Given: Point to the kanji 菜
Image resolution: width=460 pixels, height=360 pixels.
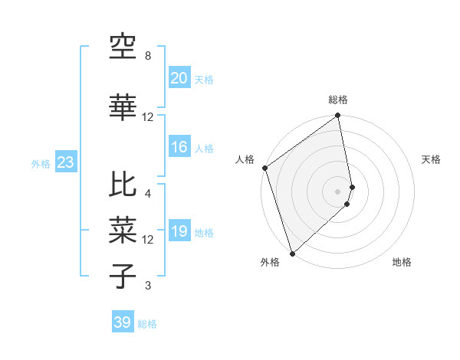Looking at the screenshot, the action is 123,228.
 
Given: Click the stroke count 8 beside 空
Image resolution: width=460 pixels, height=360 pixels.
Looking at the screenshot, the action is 147,57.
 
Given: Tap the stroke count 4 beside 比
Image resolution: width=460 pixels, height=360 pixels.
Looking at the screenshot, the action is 147,194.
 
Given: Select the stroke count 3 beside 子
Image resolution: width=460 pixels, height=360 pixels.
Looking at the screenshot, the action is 147,286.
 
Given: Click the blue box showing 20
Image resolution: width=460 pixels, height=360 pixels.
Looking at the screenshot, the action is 179,78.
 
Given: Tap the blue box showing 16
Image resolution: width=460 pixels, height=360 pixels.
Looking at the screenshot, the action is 179,148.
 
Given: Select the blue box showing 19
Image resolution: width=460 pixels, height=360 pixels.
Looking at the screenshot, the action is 179,232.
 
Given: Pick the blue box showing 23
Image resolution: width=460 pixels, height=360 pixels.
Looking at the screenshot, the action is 65,162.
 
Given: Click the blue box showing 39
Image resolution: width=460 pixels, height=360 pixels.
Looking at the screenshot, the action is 122,322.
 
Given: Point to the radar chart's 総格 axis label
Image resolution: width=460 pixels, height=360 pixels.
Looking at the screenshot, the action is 338,100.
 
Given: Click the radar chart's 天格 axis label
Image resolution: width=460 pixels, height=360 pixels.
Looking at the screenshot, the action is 432,159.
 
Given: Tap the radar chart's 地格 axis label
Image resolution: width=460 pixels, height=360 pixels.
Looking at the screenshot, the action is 402,263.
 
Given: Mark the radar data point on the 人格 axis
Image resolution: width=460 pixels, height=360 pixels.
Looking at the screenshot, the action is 264,168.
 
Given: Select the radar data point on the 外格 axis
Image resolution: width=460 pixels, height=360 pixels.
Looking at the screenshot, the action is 292,253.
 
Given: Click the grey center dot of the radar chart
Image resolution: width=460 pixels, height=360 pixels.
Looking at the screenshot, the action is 338,191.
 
